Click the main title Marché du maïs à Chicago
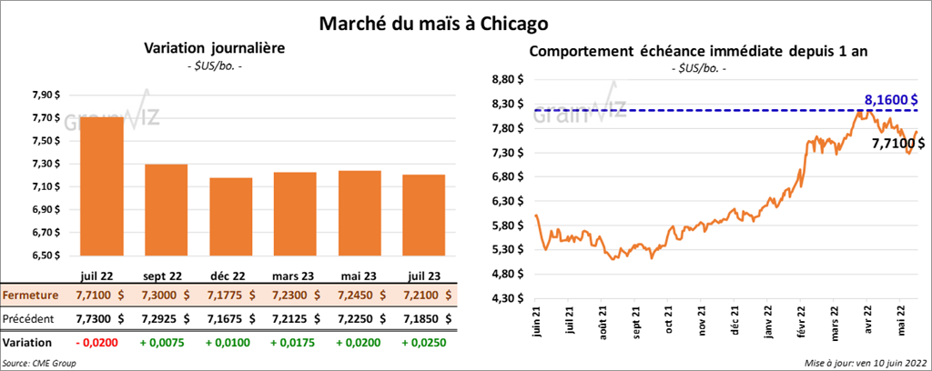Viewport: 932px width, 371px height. (x=465, y=20)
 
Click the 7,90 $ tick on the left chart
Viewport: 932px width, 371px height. (x=46, y=95)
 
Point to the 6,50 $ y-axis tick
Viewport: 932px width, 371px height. (x=46, y=256)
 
